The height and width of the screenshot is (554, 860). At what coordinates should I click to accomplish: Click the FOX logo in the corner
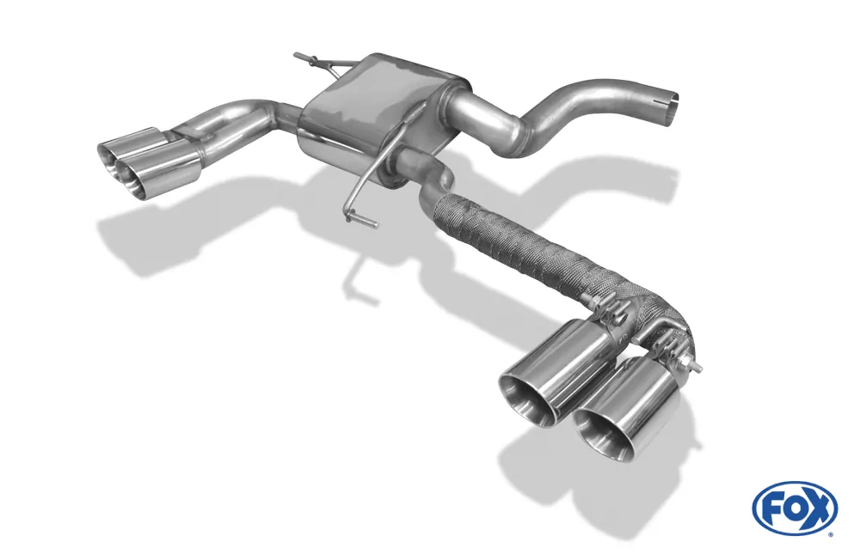tap(795, 508)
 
